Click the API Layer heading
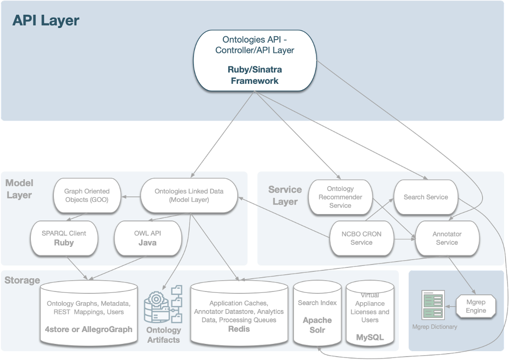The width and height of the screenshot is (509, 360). (x=46, y=21)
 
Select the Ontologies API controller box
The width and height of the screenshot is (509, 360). (x=254, y=60)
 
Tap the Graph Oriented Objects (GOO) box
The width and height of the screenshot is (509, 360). (x=86, y=195)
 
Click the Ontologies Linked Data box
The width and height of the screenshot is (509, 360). (x=189, y=195)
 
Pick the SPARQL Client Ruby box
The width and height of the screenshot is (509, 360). (x=64, y=238)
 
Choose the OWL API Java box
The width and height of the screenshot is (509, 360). (x=147, y=238)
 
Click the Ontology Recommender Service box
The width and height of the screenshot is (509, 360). (x=340, y=197)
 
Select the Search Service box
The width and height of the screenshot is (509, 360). (x=425, y=197)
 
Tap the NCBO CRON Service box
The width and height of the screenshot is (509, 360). (x=361, y=238)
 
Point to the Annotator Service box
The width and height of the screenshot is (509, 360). (x=446, y=238)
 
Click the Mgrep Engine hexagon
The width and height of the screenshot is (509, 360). (x=476, y=306)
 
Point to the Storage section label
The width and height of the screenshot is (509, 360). (x=22, y=281)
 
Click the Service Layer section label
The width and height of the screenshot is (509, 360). (x=285, y=195)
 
